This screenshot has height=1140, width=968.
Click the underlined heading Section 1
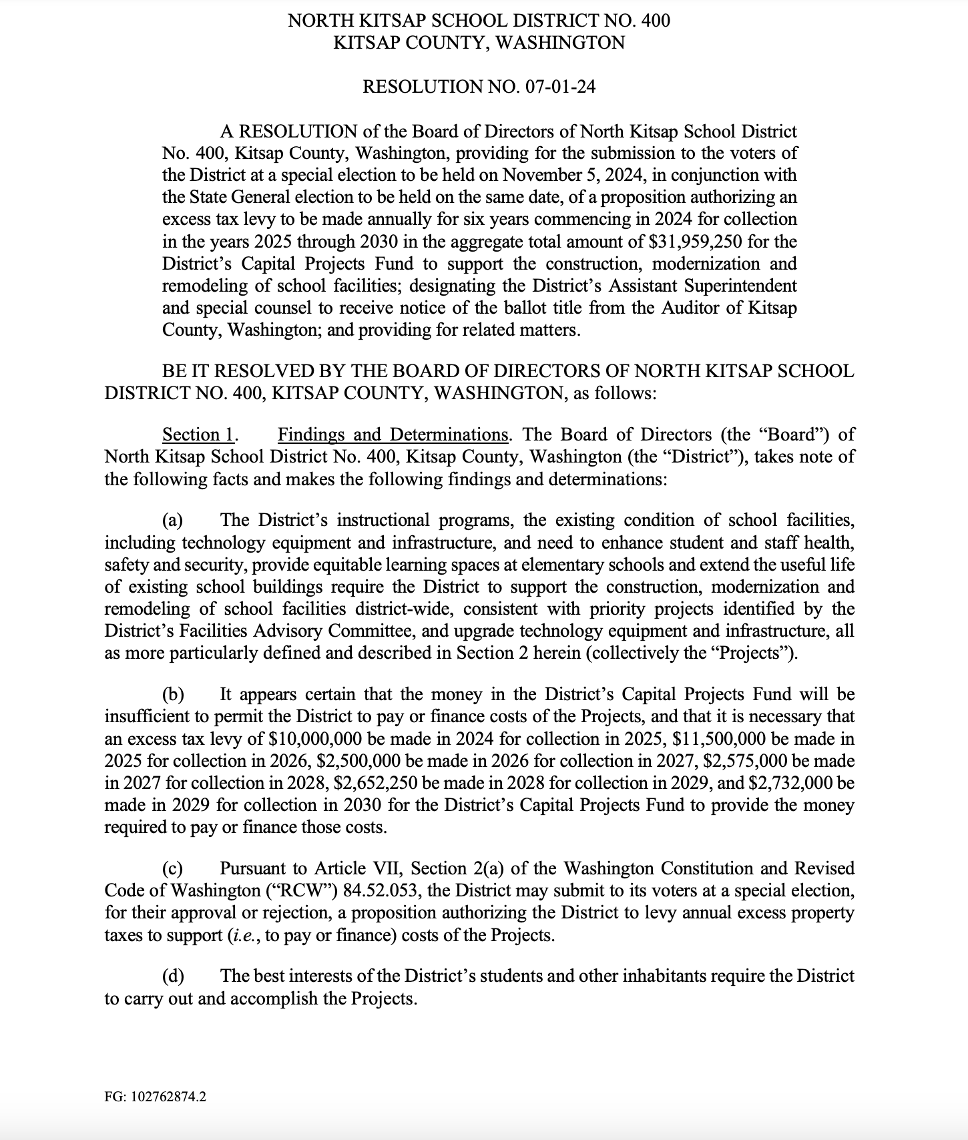198,435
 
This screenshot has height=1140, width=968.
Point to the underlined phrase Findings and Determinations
393,435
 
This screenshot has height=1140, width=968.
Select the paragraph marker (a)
173,520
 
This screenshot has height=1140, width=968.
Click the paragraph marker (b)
173,694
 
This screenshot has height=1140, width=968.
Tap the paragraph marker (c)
173,868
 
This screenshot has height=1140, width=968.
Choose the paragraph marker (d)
173,976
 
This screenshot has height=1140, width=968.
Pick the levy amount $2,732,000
796,783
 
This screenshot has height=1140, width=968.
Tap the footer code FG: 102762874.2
155,1097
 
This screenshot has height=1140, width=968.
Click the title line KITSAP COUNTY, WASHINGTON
479,43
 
